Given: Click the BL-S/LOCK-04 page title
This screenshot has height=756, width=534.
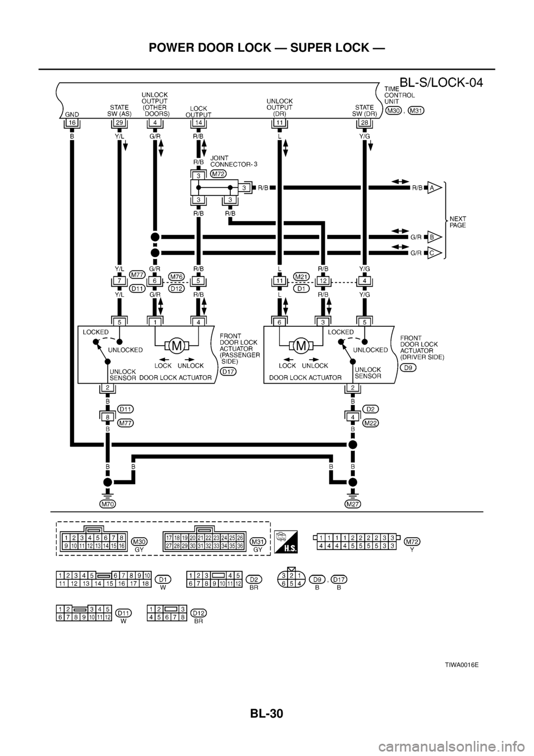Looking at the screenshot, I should click(441, 84).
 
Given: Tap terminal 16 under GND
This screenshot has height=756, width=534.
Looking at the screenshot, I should click(72, 122).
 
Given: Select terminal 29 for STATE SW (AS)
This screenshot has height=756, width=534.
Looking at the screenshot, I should click(120, 122).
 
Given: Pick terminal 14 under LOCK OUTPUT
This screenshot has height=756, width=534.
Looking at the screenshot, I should click(198, 122).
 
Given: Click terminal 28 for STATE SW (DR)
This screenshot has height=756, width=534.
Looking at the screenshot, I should click(364, 122).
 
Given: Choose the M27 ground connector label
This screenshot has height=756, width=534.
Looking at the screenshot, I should click(352, 504).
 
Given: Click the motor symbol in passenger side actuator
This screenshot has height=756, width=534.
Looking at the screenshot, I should click(177, 346).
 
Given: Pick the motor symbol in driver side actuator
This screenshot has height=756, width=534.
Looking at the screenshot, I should click(301, 346).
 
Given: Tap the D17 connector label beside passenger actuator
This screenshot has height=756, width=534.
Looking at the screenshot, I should click(228, 372).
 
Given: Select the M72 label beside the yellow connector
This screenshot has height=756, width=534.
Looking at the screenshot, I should click(412, 541).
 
